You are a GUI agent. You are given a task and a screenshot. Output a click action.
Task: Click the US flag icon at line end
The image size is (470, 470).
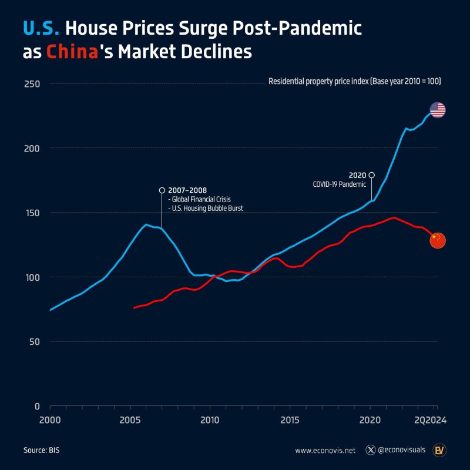[438, 110]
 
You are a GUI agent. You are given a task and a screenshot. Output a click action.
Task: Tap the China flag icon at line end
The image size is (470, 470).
[438, 240]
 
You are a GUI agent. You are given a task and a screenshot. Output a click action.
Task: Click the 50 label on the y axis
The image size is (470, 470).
[34, 342]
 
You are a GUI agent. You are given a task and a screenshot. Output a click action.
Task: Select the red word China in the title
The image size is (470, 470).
[71, 52]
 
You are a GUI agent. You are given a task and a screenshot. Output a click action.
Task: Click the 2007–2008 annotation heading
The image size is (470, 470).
[187, 190]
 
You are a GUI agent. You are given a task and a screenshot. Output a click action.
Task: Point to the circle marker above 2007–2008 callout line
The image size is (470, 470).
[162, 190]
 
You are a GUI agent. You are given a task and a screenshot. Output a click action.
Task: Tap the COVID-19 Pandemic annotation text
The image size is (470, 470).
[339, 184]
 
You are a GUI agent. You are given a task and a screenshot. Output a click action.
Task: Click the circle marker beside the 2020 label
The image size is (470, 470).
[371, 174]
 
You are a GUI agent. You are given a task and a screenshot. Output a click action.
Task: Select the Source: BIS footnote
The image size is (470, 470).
[42, 451]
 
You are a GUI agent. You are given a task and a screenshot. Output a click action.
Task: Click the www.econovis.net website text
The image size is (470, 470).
[325, 451]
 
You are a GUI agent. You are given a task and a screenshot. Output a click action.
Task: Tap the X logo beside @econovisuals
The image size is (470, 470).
[370, 451]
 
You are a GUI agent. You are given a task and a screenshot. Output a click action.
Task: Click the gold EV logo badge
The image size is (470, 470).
[438, 450]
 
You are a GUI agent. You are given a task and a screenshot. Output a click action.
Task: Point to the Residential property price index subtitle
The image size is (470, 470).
[354, 81]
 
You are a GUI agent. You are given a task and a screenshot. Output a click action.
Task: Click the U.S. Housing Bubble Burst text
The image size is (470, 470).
[205, 209]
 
